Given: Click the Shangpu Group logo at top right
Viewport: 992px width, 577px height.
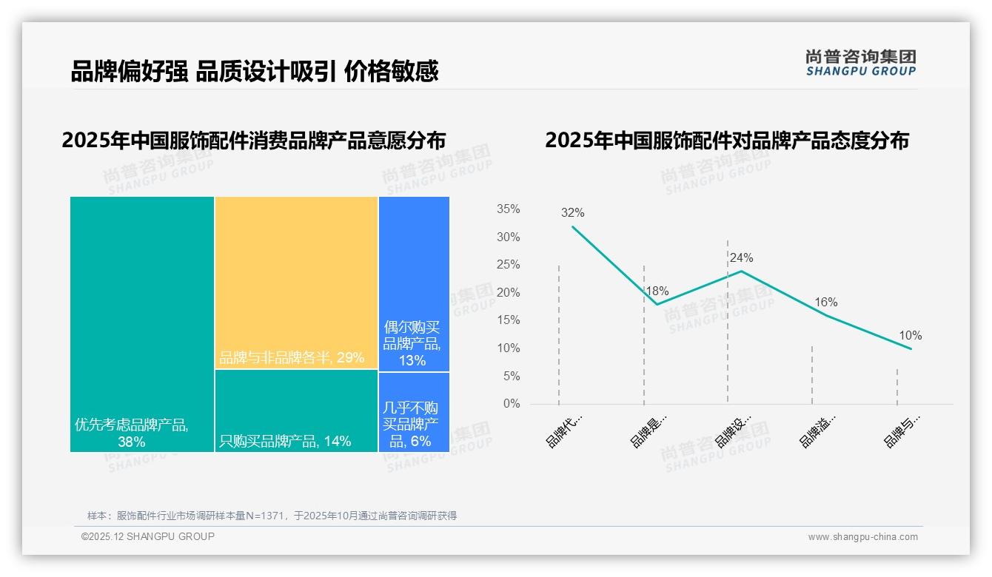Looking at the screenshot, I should pyautogui.click(x=860, y=63).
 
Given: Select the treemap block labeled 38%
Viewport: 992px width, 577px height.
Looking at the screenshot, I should pyautogui.click(x=142, y=323).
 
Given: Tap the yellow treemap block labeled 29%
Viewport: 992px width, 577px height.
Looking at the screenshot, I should pyautogui.click(x=296, y=283).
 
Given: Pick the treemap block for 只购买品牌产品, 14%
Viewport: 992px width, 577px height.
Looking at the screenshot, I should pyautogui.click(x=296, y=411).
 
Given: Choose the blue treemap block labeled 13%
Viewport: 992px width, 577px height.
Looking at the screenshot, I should pyautogui.click(x=414, y=283).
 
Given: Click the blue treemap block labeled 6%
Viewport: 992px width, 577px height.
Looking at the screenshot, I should pyautogui.click(x=414, y=411).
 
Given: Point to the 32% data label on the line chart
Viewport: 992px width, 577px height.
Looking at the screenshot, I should pyautogui.click(x=572, y=213).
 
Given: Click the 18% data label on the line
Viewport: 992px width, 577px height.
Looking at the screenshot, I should pyautogui.click(x=657, y=291).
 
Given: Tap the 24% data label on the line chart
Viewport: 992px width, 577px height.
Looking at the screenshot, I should pyautogui.click(x=741, y=258).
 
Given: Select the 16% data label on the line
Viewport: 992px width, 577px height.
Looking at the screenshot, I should pyautogui.click(x=825, y=303).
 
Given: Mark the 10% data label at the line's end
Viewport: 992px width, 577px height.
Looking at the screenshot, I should pyautogui.click(x=910, y=336).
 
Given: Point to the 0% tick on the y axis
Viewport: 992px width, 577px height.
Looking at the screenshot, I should pyautogui.click(x=512, y=404).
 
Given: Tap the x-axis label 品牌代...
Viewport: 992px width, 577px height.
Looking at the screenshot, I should pyautogui.click(x=564, y=431).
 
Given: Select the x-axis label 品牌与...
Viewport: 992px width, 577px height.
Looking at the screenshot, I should pyautogui.click(x=902, y=431).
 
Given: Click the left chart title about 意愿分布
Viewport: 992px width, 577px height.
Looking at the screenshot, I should pyautogui.click(x=254, y=141).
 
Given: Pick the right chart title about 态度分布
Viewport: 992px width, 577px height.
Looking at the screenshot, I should pyautogui.click(x=726, y=141).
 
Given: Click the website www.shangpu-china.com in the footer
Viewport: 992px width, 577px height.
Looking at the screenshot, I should pyautogui.click(x=862, y=537).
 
